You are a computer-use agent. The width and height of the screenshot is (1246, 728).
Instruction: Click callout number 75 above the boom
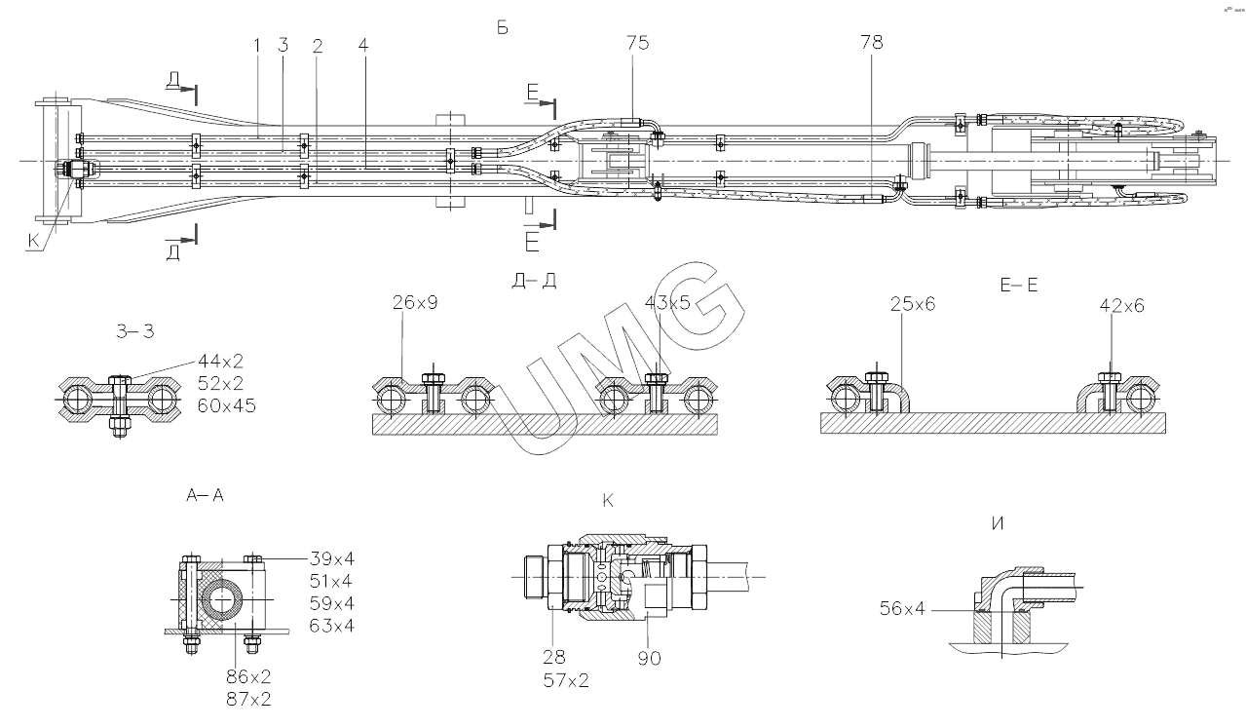(639, 43)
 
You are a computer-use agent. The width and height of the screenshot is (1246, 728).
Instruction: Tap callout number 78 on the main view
(873, 43)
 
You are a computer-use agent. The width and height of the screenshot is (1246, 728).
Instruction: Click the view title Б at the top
(503, 28)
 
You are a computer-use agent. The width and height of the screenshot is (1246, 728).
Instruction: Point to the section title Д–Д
(534, 282)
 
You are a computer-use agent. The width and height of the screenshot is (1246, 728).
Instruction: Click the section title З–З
(134, 332)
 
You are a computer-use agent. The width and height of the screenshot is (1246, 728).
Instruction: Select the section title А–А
(205, 496)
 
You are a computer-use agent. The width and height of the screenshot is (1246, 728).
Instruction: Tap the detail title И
(997, 523)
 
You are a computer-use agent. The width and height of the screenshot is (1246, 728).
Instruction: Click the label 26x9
(415, 304)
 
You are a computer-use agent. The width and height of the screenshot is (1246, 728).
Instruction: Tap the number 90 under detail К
(649, 659)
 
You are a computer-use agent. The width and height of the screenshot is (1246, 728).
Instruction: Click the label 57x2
(566, 680)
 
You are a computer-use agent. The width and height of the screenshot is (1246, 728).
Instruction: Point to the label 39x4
(331, 560)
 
